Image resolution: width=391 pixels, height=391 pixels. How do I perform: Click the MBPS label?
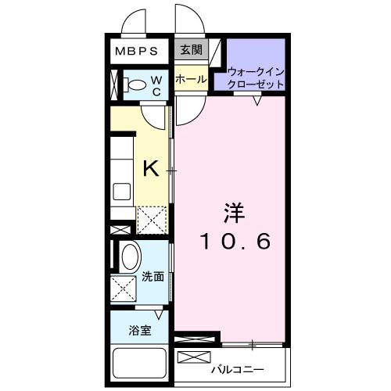[x=137, y=52]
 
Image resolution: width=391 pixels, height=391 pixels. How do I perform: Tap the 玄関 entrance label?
[x=191, y=51]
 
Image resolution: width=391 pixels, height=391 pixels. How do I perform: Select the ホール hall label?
[x=191, y=79]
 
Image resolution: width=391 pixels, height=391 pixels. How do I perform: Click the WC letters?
[x=156, y=85]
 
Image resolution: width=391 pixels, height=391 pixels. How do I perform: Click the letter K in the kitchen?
[x=150, y=167]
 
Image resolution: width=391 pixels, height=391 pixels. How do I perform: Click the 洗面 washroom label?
[x=152, y=276]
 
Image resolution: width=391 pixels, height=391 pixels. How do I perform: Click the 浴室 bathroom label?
[x=140, y=329]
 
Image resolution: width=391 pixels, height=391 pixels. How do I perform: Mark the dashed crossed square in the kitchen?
[x=150, y=220]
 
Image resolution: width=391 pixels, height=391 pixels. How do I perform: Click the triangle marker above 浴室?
[x=159, y=314]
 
